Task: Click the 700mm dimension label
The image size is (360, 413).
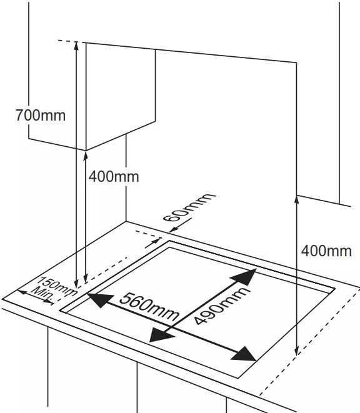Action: [41, 116]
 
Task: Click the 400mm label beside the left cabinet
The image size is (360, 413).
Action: [114, 176]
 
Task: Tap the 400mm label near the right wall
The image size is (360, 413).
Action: [326, 251]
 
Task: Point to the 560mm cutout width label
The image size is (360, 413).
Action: [149, 307]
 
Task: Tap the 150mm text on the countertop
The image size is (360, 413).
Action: [58, 286]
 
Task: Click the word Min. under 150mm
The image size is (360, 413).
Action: [42, 292]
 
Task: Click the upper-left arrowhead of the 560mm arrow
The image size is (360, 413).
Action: [99, 300]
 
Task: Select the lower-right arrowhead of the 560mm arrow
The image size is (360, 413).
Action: [244, 354]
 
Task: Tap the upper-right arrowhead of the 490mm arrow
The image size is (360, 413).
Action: [244, 277]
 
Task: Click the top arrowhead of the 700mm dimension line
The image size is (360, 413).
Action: [76, 46]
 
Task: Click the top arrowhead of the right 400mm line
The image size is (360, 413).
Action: [296, 200]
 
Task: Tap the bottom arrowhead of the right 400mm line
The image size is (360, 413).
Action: [296, 351]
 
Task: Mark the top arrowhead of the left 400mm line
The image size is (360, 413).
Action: [86, 156]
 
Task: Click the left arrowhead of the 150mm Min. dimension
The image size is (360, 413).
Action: [22, 292]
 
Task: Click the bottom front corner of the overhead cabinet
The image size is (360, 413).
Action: [86, 151]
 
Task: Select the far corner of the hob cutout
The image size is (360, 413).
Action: [169, 241]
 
